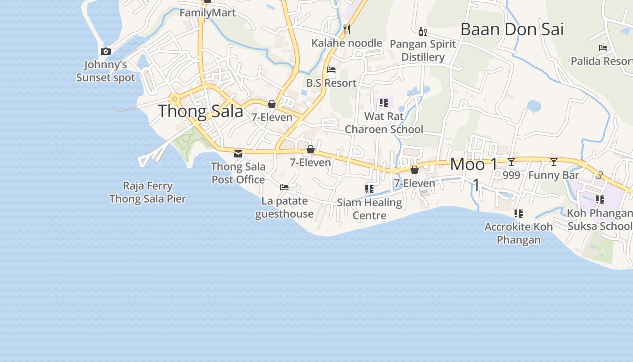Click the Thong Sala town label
[200, 111]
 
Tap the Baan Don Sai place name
[512, 29]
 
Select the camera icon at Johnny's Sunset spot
[106, 52]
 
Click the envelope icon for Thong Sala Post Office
[238, 154]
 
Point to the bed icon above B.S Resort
[331, 70]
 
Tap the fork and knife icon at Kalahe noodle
[347, 29]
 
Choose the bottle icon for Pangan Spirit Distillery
[423, 31]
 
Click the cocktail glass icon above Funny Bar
[553, 162]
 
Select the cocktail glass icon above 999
[511, 162]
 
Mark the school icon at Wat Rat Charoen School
[384, 103]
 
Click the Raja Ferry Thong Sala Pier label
[148, 192]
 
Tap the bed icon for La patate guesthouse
[284, 187]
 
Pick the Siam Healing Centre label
[369, 209]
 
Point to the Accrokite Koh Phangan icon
[519, 213]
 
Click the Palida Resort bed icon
[603, 48]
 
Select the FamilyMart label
[208, 13]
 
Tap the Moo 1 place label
[474, 164]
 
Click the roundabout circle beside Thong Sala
[175, 99]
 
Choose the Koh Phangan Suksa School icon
[600, 199]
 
